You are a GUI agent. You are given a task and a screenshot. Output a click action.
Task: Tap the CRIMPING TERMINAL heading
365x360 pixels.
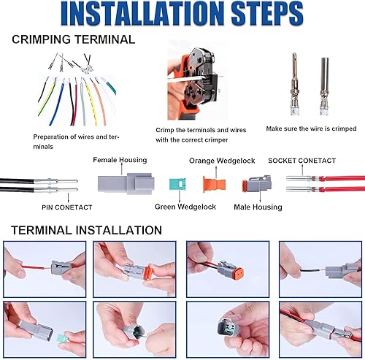74,39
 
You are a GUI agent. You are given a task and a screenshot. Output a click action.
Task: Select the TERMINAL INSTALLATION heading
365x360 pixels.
87,230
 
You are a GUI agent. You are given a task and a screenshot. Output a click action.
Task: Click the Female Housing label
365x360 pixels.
120,160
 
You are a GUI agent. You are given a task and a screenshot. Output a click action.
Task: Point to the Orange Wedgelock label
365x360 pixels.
222,161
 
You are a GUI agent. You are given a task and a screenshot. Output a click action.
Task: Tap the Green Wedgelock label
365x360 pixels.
185,207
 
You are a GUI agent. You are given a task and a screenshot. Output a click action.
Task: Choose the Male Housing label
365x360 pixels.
258,207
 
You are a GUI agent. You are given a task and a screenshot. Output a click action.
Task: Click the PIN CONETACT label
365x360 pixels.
67,207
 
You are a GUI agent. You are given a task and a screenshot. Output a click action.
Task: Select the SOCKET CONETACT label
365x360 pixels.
302,161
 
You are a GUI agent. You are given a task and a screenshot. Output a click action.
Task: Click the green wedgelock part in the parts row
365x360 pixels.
177,184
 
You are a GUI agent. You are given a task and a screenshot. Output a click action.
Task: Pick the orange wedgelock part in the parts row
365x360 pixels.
215,184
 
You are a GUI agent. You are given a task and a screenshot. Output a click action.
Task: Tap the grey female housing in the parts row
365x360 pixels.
126,184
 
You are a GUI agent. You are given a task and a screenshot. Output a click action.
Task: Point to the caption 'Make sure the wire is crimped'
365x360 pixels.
311,129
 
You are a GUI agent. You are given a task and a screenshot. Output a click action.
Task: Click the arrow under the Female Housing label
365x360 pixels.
122,169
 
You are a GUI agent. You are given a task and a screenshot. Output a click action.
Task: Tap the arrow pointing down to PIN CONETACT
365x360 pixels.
69,197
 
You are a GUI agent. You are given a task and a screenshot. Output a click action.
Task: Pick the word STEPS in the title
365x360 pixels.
267,13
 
